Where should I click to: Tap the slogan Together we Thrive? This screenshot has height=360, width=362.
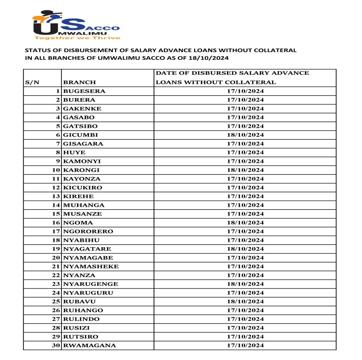[x=77, y=38]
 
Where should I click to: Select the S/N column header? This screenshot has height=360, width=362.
[x=32, y=82]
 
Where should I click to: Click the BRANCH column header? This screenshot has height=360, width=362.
[x=80, y=82]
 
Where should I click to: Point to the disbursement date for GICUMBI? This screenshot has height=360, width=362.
[x=245, y=135]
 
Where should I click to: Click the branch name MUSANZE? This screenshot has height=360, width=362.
[x=82, y=214]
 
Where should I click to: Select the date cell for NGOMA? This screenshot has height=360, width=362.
[x=245, y=223]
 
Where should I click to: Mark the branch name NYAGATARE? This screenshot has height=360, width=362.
[x=87, y=249]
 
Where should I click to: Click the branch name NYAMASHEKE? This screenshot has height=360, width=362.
[x=91, y=266]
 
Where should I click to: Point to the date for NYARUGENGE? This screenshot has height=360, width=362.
[x=245, y=284]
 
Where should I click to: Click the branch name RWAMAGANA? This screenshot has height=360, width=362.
[x=89, y=345]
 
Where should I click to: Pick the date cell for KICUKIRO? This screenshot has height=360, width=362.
[x=245, y=188]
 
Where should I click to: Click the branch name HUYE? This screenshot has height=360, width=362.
[x=74, y=152]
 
